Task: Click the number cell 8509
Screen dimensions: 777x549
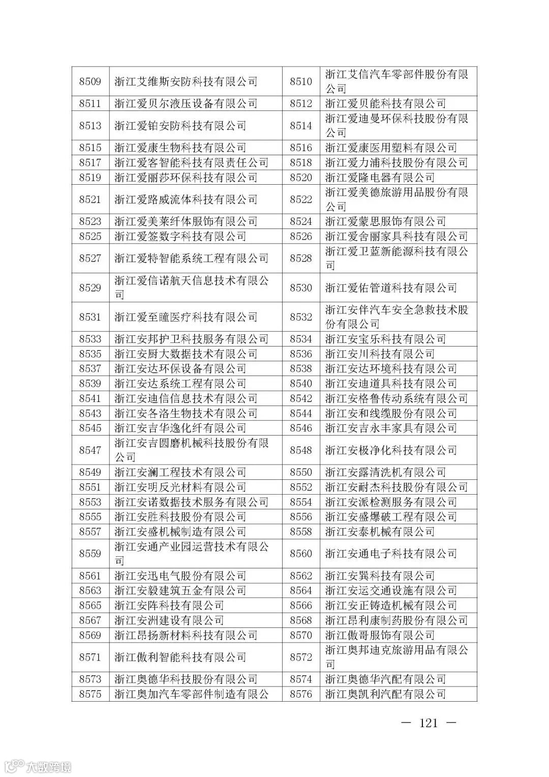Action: [x=90, y=81]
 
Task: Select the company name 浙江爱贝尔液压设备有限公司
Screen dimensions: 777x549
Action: [x=186, y=104]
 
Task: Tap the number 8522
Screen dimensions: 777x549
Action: [x=301, y=199]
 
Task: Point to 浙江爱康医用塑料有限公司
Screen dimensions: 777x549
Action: [x=391, y=148]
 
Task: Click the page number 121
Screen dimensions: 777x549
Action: [x=428, y=723]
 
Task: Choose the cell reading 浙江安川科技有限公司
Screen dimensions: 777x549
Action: [x=380, y=354]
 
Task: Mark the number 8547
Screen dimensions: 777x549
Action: [x=90, y=450]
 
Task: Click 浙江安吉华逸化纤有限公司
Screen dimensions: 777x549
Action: [x=180, y=428]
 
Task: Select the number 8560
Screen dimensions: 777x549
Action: [x=301, y=554]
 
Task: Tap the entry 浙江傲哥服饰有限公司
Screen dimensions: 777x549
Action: [x=380, y=636]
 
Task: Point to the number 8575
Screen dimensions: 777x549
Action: [x=90, y=694]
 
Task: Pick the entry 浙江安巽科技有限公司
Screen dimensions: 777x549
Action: [x=380, y=576]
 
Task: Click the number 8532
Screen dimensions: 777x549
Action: [x=301, y=317]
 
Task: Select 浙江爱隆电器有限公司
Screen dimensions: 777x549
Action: [x=380, y=178]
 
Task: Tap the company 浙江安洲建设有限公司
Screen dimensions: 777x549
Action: [x=169, y=620]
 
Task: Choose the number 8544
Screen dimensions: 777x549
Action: [x=301, y=414]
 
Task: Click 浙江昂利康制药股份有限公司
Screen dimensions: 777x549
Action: [x=396, y=620]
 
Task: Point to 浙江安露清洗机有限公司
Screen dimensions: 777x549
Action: [x=385, y=472]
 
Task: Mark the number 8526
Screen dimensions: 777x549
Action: [x=301, y=237]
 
